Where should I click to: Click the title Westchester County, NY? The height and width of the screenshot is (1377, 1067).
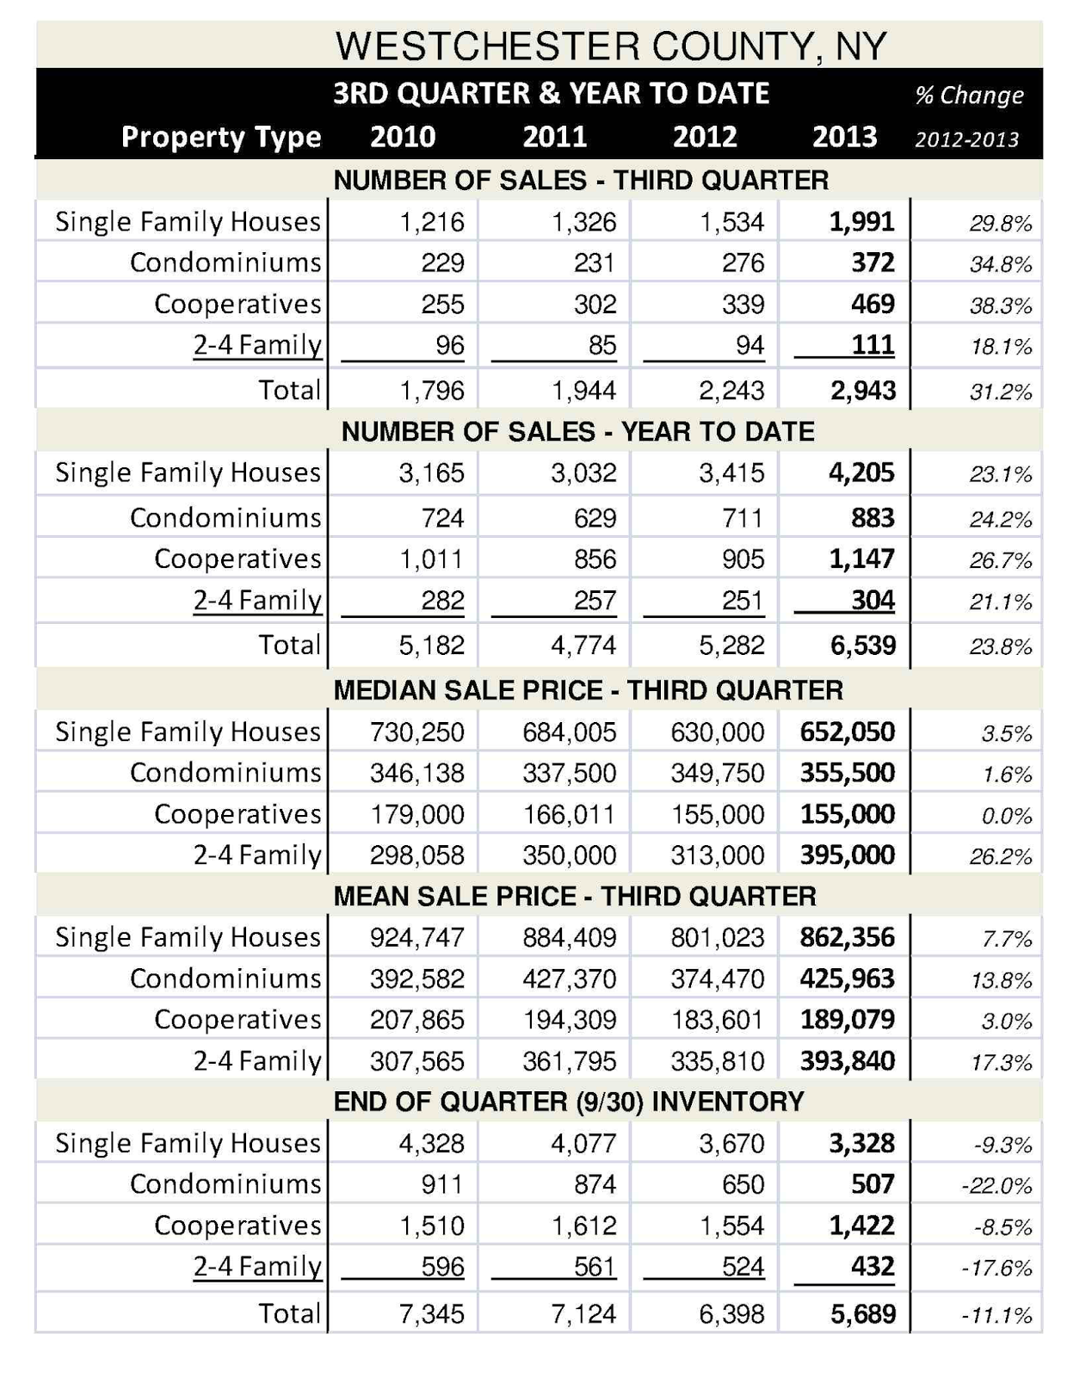click(610, 46)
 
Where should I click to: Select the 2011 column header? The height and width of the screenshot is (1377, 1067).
click(555, 137)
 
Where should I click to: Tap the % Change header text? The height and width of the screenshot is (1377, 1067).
click(969, 95)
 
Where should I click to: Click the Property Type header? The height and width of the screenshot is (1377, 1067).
click(221, 137)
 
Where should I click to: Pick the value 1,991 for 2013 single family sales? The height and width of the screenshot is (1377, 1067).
click(861, 222)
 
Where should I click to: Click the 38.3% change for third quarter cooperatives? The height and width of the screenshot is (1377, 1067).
click(1000, 306)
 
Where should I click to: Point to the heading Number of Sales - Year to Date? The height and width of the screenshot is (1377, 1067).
click(577, 431)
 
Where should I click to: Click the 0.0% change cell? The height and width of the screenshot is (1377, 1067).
click(1006, 816)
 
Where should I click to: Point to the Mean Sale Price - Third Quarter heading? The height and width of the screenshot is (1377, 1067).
click(574, 896)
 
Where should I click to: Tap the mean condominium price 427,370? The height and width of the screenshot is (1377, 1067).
click(569, 979)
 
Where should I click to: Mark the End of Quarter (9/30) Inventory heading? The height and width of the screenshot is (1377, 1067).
click(568, 1102)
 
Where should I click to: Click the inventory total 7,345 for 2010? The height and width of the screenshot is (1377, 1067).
click(431, 1314)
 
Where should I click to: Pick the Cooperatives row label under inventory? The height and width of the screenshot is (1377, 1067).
click(237, 1226)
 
